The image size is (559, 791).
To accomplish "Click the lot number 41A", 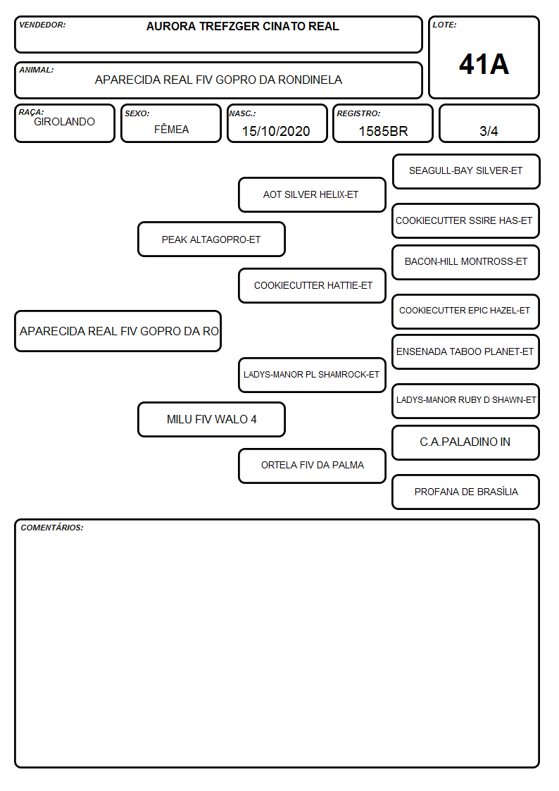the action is [484, 64].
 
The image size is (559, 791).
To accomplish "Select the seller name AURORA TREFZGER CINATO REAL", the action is [242, 26].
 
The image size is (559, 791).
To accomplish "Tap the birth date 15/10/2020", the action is [276, 131].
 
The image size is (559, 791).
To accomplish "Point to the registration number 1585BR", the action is [383, 131].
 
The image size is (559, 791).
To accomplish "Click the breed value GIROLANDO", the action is [64, 122].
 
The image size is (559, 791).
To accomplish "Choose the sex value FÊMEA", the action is [171, 129].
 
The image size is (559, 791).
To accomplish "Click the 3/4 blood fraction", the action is [489, 131].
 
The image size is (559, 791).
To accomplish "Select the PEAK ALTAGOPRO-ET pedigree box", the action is [211, 239].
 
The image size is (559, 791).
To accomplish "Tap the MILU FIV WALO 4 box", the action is [211, 419].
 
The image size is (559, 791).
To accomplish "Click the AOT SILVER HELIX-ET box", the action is [312, 194].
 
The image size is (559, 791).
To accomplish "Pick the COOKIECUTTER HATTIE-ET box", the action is [312, 285].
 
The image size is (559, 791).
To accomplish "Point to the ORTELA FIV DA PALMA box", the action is [312, 466].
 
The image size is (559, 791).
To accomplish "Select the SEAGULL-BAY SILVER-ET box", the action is [466, 172].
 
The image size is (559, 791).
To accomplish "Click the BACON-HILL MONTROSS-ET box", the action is [466, 262].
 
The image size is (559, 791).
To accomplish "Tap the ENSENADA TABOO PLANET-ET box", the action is [466, 351].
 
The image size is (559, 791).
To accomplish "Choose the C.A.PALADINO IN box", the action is [466, 442].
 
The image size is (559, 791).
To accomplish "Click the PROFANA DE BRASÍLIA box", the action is [466, 492].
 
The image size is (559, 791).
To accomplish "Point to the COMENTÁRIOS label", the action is [52, 528].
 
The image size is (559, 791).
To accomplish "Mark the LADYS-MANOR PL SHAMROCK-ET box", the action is [312, 375].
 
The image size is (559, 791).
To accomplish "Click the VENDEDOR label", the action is [42, 25].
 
